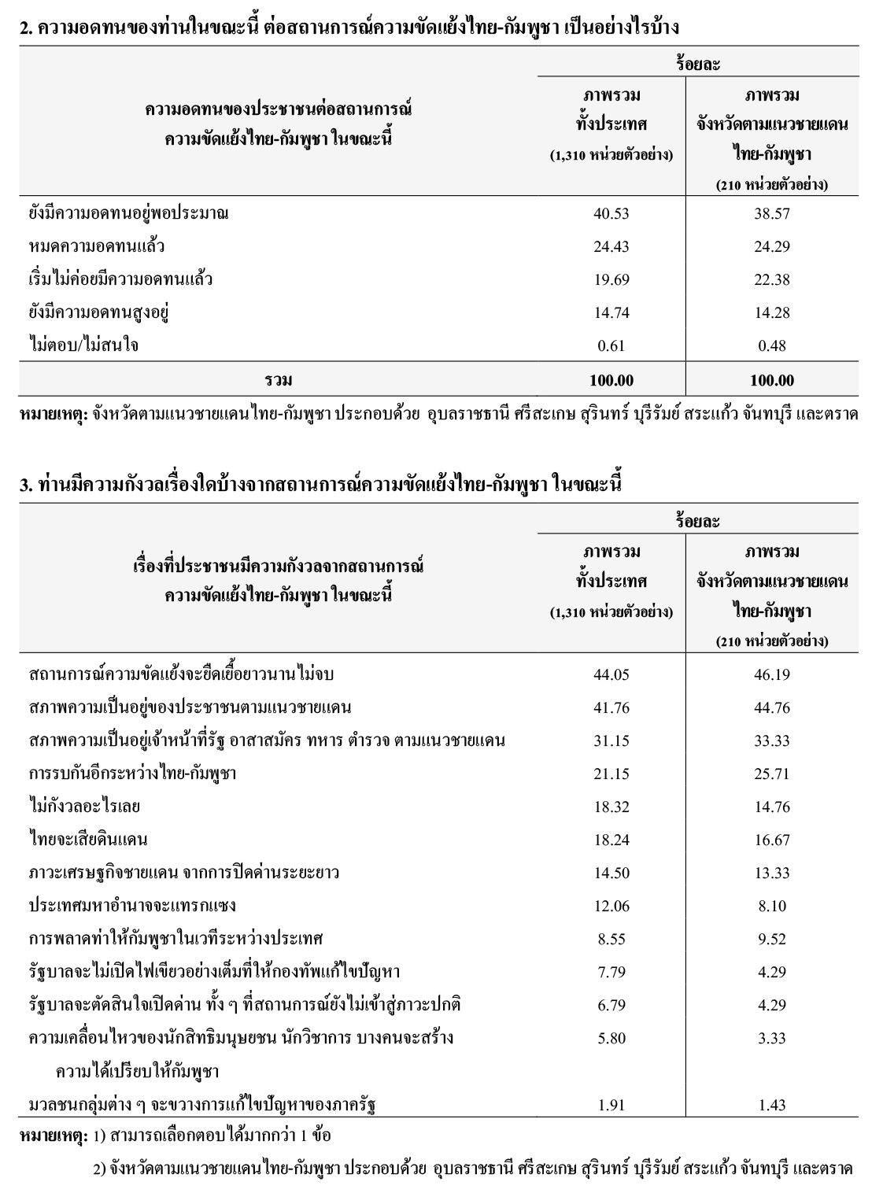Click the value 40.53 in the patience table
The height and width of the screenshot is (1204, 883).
[x=611, y=213]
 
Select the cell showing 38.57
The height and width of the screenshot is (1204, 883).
[x=771, y=213]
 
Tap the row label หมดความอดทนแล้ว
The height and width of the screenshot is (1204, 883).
[x=96, y=246]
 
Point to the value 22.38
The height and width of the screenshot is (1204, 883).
[x=771, y=279]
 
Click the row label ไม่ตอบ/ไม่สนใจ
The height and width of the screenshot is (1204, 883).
[x=83, y=345]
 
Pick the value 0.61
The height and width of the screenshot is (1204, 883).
[x=611, y=345]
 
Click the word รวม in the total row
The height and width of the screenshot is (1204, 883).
[x=279, y=380]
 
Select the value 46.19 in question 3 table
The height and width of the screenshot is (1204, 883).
[x=771, y=674]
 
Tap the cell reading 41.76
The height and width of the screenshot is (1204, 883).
[x=611, y=707]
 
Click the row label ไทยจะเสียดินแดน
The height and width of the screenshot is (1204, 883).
[x=88, y=840]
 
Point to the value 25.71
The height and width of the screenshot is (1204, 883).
[x=771, y=774]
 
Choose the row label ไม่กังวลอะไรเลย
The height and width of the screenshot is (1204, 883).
[x=84, y=807]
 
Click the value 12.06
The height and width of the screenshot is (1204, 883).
[x=611, y=906]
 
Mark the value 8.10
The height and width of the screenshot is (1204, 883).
[x=771, y=906]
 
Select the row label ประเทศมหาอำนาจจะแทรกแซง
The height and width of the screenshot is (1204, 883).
[x=132, y=906]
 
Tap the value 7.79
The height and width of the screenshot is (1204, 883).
[x=611, y=972]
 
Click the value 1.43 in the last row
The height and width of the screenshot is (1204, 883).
[x=771, y=1105]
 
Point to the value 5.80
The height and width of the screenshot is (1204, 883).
[x=611, y=1038]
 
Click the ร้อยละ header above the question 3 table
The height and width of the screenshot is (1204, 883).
[x=697, y=521]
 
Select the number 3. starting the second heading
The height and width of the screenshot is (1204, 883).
[x=26, y=485]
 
